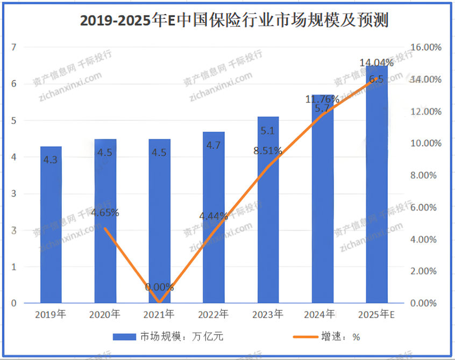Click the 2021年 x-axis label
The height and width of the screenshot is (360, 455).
click(159, 314)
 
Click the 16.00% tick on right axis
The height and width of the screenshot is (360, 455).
click(425, 47)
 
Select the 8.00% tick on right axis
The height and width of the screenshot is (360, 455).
click(425, 175)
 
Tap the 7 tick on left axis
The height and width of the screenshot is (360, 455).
click(14, 47)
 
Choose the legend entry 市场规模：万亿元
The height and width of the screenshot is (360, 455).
click(168, 337)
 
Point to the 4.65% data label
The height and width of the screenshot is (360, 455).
click(105, 213)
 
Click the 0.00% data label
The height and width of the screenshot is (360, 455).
click(159, 287)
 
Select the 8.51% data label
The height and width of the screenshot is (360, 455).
click(268, 151)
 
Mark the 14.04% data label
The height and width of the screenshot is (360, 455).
click(376, 63)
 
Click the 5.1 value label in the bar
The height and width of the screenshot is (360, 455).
click(268, 131)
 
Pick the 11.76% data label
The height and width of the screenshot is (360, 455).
click(322, 99)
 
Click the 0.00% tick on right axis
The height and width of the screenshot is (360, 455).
click(425, 303)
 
